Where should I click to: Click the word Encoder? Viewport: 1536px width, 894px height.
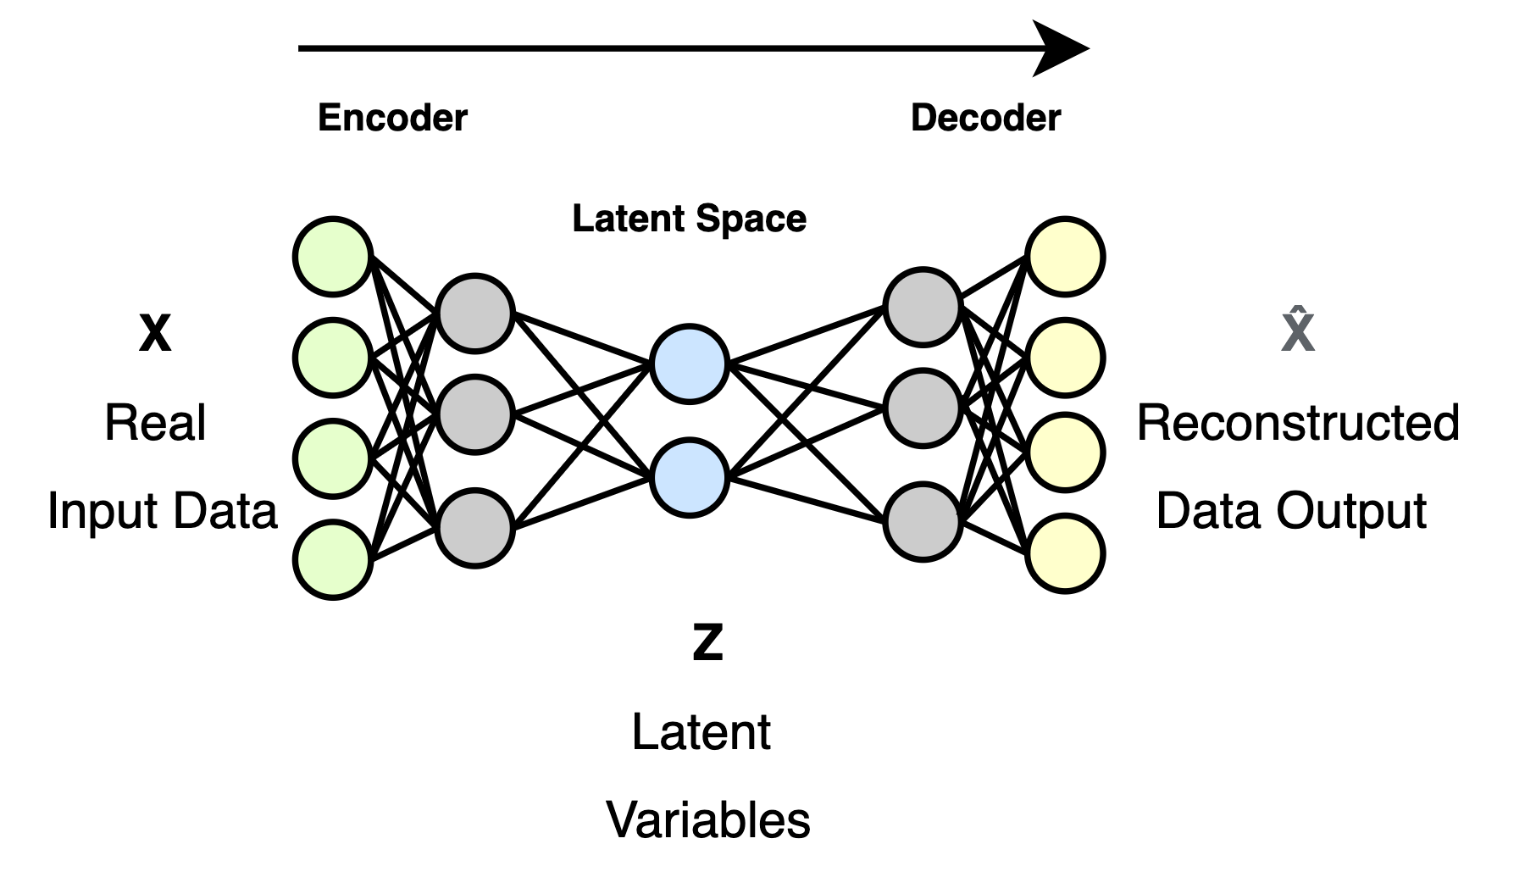[392, 118]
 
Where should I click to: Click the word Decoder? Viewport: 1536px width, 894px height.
[985, 118]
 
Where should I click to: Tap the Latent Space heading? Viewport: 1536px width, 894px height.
[689, 219]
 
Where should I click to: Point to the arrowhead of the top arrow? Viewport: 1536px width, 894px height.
[1063, 48]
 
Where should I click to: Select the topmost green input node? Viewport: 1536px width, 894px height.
[333, 257]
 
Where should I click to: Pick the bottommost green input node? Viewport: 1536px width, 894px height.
[333, 559]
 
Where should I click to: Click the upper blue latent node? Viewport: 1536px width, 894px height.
[690, 364]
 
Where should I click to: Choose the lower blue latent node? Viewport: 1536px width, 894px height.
[690, 477]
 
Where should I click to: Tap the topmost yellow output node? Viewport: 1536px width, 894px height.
[1065, 257]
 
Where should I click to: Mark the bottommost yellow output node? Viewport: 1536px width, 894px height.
[1065, 553]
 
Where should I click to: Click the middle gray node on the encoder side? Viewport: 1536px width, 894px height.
[475, 414]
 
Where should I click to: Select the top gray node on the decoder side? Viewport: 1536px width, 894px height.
[923, 308]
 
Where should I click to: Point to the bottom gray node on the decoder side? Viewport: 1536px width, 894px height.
[923, 521]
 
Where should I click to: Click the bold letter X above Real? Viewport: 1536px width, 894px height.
[155, 334]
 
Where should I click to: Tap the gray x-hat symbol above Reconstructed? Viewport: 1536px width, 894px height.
[1298, 331]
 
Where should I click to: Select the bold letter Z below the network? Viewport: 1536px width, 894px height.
[707, 643]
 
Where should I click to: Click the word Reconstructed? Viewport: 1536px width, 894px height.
[1298, 423]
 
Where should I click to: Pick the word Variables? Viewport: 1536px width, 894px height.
[708, 820]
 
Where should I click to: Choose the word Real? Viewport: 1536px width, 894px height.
[155, 423]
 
